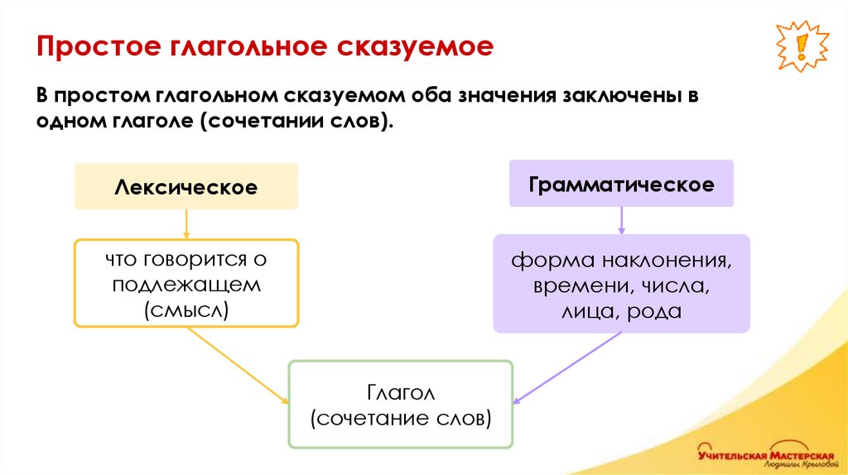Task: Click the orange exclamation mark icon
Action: click(x=802, y=47)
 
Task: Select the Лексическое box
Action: click(x=185, y=187)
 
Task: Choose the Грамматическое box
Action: click(x=621, y=184)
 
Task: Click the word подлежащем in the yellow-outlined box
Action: click(x=186, y=285)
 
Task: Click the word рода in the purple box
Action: click(x=654, y=312)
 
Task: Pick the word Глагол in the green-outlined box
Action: click(x=400, y=391)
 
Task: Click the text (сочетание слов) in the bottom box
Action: click(x=401, y=417)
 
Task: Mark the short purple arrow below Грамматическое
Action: click(x=621, y=219)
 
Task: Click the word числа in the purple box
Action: click(x=679, y=287)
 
